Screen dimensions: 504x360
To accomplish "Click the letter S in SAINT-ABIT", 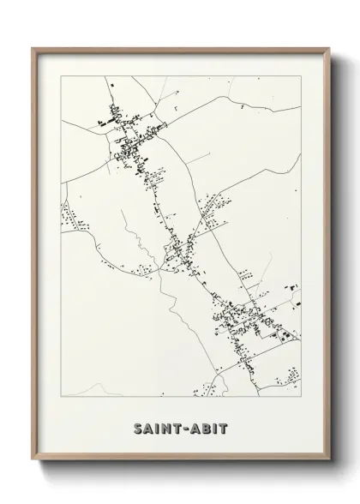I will tap(138, 429).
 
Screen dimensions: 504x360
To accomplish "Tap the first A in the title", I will tap(149, 429).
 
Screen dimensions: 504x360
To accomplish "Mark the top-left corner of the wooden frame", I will tap(33, 48).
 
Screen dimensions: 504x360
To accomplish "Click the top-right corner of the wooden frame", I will tap(327, 48).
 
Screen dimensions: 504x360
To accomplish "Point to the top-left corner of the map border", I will tap(61, 76).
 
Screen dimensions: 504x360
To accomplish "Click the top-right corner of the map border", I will tap(301, 76).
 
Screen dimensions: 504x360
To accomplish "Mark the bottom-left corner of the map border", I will tap(61, 398).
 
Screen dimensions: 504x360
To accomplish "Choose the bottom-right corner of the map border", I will tap(301, 398).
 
